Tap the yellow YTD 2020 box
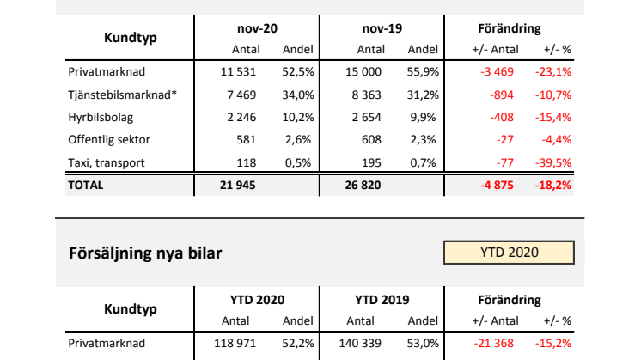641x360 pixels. (x=509, y=253)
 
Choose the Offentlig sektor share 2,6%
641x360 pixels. (x=300, y=139)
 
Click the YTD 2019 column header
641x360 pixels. (x=382, y=300)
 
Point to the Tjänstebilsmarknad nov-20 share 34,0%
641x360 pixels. (x=298, y=95)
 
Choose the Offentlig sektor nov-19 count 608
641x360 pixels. (x=371, y=139)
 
